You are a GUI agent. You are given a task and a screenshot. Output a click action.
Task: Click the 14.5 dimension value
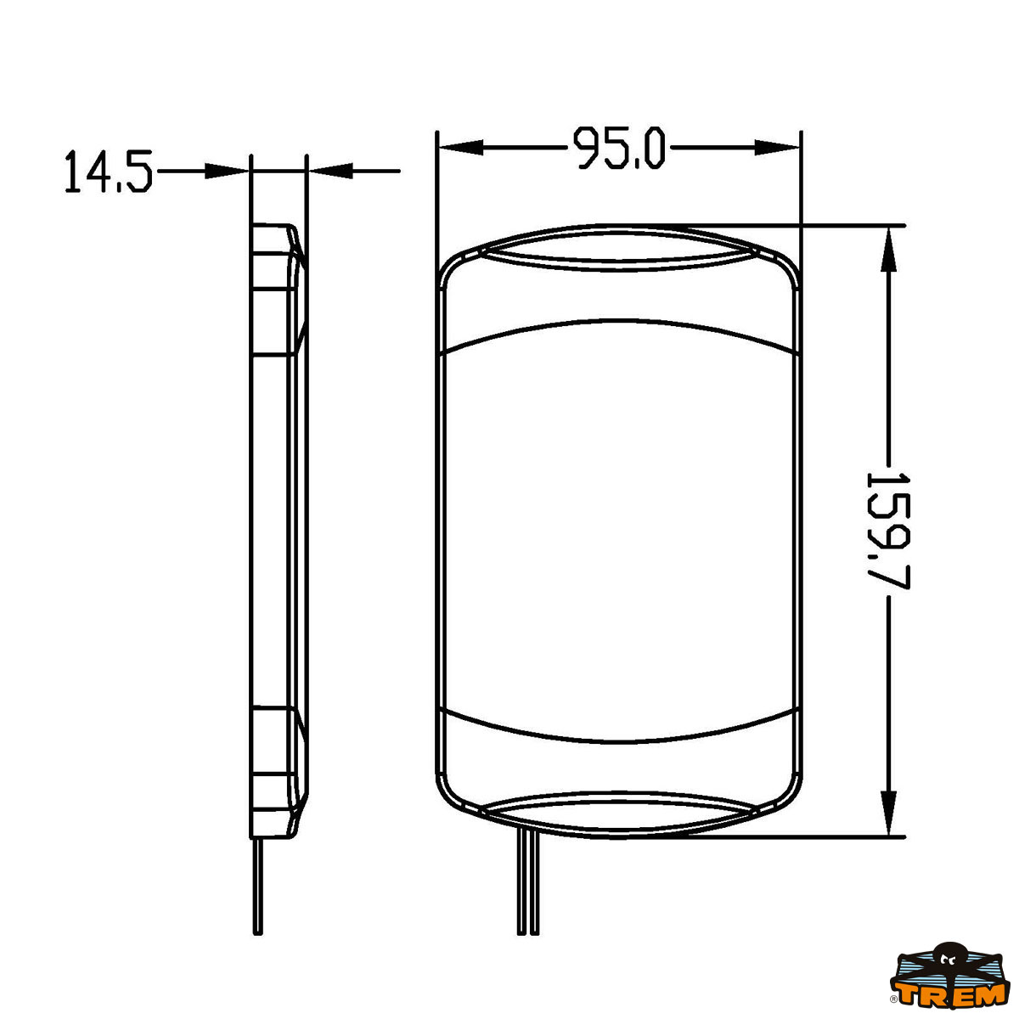108,172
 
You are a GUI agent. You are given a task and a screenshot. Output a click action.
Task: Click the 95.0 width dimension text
619,148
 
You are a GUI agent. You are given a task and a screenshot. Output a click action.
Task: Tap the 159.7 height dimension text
888,530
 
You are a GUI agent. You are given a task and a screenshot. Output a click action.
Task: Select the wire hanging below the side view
257,883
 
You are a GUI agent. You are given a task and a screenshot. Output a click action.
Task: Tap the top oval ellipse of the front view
619,247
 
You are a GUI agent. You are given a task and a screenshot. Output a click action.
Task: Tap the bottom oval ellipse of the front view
619,815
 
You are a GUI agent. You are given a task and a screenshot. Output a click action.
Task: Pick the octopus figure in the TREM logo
946,960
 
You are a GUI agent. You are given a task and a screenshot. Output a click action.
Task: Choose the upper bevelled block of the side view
277,289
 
